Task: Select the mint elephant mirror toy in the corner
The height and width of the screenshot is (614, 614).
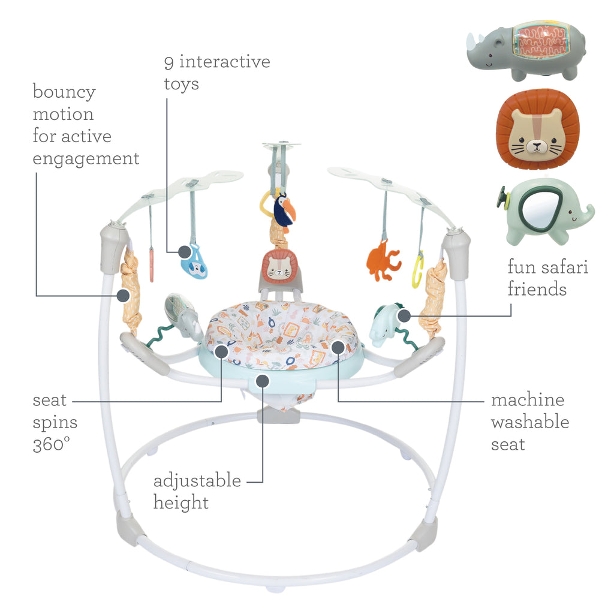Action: tap(543, 212)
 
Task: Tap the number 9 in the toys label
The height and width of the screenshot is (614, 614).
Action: tap(169, 62)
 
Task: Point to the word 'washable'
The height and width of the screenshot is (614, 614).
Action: tap(530, 422)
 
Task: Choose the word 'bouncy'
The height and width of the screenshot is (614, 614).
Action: tap(64, 92)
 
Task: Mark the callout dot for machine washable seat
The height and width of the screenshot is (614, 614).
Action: tap(338, 346)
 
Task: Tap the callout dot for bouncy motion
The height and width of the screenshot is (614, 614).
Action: tap(123, 295)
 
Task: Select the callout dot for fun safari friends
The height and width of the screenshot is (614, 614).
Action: tap(403, 314)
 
